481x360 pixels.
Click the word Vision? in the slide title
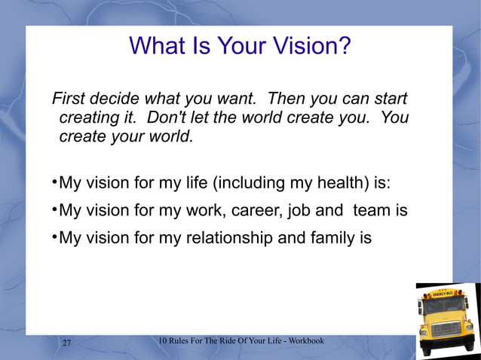(x=311, y=47)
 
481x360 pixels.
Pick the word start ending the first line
(x=387, y=99)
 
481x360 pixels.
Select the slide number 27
(x=66, y=343)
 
